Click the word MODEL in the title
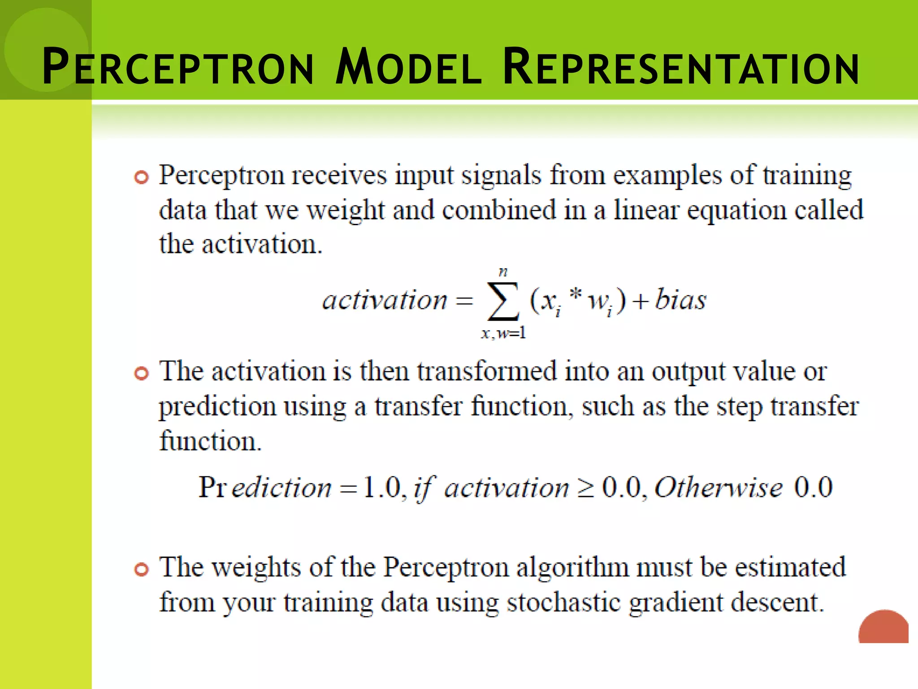[x=408, y=67]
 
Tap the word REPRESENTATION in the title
[x=681, y=67]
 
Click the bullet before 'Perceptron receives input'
[x=141, y=178]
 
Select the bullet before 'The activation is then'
[x=141, y=374]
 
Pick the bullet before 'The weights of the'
[x=141, y=570]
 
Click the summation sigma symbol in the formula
[x=503, y=301]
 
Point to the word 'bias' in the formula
[x=680, y=299]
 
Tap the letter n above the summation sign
[x=503, y=272]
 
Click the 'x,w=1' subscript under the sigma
[x=503, y=333]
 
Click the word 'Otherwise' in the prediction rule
[x=719, y=487]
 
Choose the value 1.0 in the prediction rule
[x=382, y=487]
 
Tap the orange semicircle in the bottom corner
[x=883, y=628]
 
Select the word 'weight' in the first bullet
[x=345, y=211]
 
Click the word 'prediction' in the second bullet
[x=217, y=407]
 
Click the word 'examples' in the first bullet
[x=667, y=176]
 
